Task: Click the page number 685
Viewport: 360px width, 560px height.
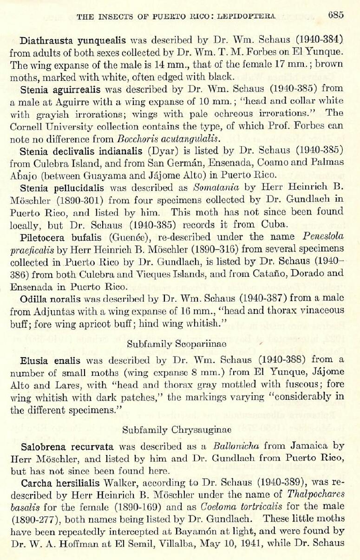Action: tap(335, 15)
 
